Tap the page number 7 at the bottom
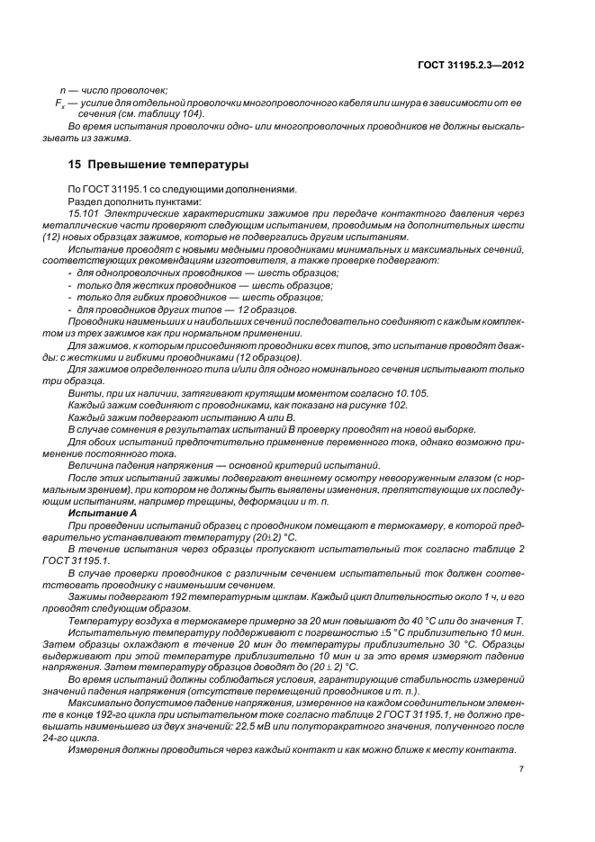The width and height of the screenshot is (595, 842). pyautogui.click(x=521, y=769)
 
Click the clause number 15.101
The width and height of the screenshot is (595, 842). pyautogui.click(x=85, y=213)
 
